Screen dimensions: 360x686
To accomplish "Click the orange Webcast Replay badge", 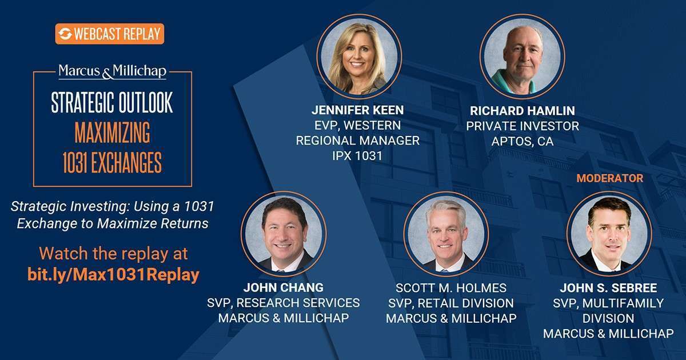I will tap(110, 34).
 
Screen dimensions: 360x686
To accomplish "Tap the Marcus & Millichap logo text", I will tap(112, 71).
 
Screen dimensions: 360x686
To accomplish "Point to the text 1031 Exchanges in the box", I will tap(111, 162).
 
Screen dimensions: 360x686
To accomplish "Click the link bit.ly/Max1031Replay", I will tap(113, 274).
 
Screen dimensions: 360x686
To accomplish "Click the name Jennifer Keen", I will tap(357, 109).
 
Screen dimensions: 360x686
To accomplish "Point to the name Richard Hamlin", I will tap(523, 110).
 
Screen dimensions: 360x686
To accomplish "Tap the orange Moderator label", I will tap(609, 178).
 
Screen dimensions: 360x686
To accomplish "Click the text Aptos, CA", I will tap(523, 141).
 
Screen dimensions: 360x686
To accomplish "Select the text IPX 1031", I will tap(357, 155).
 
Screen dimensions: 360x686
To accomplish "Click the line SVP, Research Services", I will tap(283, 302).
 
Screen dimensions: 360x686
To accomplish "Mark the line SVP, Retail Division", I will tap(450, 303).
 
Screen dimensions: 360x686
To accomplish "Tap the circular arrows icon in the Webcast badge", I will tap(65, 34).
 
